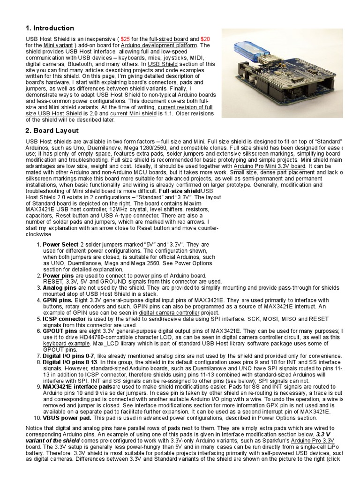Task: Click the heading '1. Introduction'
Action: point(49,28)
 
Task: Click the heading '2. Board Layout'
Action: point(52,130)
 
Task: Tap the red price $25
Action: point(126,39)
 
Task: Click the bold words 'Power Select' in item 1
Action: point(60,245)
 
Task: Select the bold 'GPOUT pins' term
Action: point(60,330)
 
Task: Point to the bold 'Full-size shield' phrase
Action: point(180,191)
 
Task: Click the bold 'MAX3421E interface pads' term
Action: point(77,387)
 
